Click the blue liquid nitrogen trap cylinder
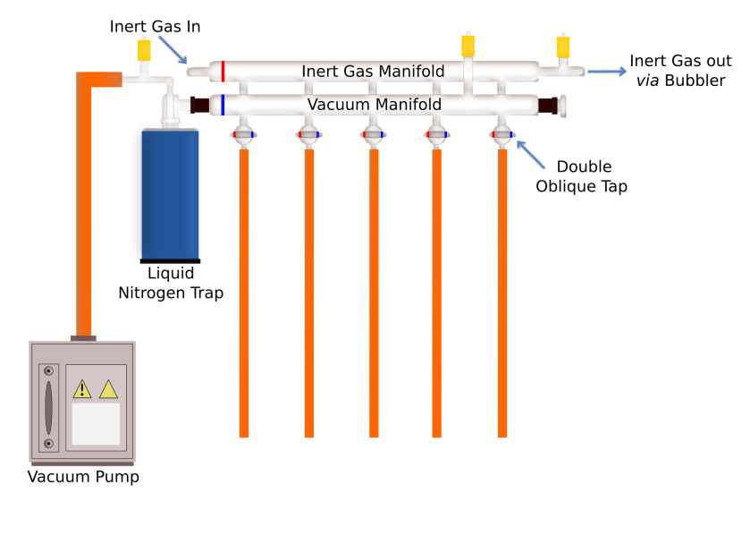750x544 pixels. (170, 194)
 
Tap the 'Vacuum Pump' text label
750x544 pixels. (83, 477)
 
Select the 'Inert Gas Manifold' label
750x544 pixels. (373, 71)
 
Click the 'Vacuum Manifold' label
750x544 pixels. (374, 105)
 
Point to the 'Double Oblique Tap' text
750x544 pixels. (581, 176)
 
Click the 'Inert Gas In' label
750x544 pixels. (155, 26)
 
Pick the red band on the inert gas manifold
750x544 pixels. (223, 71)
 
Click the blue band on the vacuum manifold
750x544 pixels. (223, 105)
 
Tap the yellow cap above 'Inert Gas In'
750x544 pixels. (143, 50)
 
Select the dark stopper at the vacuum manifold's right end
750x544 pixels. (548, 105)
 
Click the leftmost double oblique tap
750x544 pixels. (243, 136)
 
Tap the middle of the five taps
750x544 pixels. (374, 136)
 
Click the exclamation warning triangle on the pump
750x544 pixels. (82, 389)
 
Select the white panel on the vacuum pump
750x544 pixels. (96, 423)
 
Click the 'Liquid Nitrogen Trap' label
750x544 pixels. (171, 283)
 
